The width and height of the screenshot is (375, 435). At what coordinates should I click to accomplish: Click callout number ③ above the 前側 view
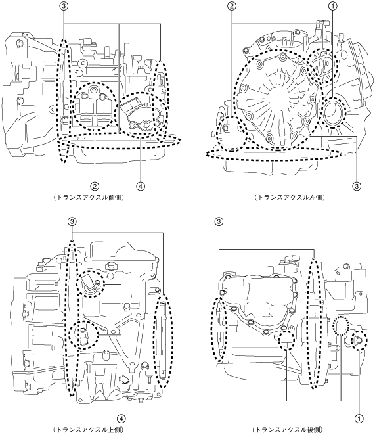coord(64,6)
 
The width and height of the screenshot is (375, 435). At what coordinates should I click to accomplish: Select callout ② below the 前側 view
coord(95,187)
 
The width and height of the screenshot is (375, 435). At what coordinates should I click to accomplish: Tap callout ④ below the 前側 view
coord(141,187)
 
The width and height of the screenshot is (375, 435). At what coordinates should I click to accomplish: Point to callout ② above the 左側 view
coord(232,6)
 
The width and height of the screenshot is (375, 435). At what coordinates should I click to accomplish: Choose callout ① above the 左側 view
coord(332,6)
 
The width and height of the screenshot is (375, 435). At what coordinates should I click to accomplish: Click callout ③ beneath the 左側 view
coord(357,186)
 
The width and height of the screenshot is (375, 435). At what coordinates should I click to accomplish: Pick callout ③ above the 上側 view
coord(72,221)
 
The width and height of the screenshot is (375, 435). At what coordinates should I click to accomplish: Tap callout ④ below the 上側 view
coord(121,419)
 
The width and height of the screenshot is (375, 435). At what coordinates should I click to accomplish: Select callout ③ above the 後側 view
coord(219,221)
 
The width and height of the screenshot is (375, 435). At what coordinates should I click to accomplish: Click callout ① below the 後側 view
coord(359,419)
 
